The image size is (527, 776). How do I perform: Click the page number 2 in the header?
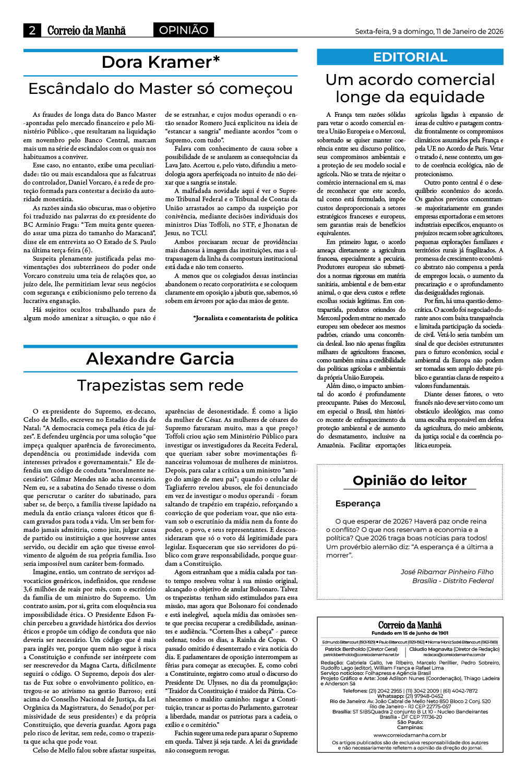(32, 30)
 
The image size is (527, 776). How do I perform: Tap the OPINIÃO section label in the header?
(183, 30)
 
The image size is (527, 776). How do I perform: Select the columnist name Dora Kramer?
(160, 62)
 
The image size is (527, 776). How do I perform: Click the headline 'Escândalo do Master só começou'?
(160, 89)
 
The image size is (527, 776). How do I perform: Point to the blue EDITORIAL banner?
(410, 57)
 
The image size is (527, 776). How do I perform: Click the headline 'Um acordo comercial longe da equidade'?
(410, 88)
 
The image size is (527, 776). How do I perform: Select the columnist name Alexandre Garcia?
(160, 359)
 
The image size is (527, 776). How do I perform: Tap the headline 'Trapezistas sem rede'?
(160, 385)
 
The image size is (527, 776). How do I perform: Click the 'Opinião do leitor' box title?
(410, 480)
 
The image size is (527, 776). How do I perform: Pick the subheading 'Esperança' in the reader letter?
(358, 504)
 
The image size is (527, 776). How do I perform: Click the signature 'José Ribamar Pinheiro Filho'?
(447, 572)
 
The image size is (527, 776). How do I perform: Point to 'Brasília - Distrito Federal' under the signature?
(452, 580)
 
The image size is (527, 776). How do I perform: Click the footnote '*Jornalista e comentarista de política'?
(245, 318)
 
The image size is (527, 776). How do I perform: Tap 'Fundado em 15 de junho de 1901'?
(410, 633)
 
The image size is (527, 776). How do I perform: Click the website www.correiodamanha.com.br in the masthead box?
(410, 735)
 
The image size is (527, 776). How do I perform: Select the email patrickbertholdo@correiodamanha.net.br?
(361, 654)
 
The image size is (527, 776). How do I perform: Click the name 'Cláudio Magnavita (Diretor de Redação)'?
(454, 649)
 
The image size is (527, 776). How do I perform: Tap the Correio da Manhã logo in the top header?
(86, 30)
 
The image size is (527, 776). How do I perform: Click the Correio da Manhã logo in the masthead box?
(410, 625)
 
